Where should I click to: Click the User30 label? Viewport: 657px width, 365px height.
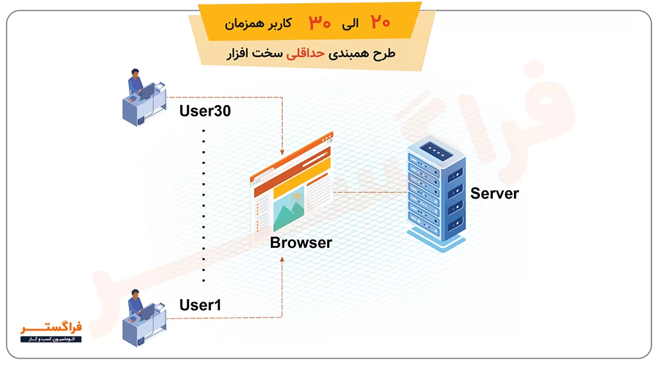(x=205, y=111)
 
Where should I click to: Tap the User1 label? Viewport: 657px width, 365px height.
(x=200, y=305)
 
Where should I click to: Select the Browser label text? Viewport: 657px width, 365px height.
(x=301, y=243)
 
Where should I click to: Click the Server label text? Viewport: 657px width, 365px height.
(x=495, y=193)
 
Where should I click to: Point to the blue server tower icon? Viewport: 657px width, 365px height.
(x=436, y=193)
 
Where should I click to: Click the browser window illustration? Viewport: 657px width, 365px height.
(x=292, y=188)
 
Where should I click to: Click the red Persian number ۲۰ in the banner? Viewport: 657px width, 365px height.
(x=380, y=22)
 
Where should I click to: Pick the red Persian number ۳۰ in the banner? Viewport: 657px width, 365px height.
(x=320, y=22)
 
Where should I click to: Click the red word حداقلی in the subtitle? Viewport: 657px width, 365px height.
(x=305, y=54)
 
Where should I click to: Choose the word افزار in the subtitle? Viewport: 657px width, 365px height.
(x=237, y=54)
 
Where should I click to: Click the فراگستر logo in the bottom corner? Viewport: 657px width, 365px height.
(x=51, y=332)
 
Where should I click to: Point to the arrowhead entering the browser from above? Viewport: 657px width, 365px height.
(x=282, y=152)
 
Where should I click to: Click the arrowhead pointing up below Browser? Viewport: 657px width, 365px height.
(x=282, y=259)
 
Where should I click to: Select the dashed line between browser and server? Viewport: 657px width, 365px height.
(x=370, y=192)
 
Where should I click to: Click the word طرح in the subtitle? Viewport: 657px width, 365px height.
(x=384, y=54)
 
